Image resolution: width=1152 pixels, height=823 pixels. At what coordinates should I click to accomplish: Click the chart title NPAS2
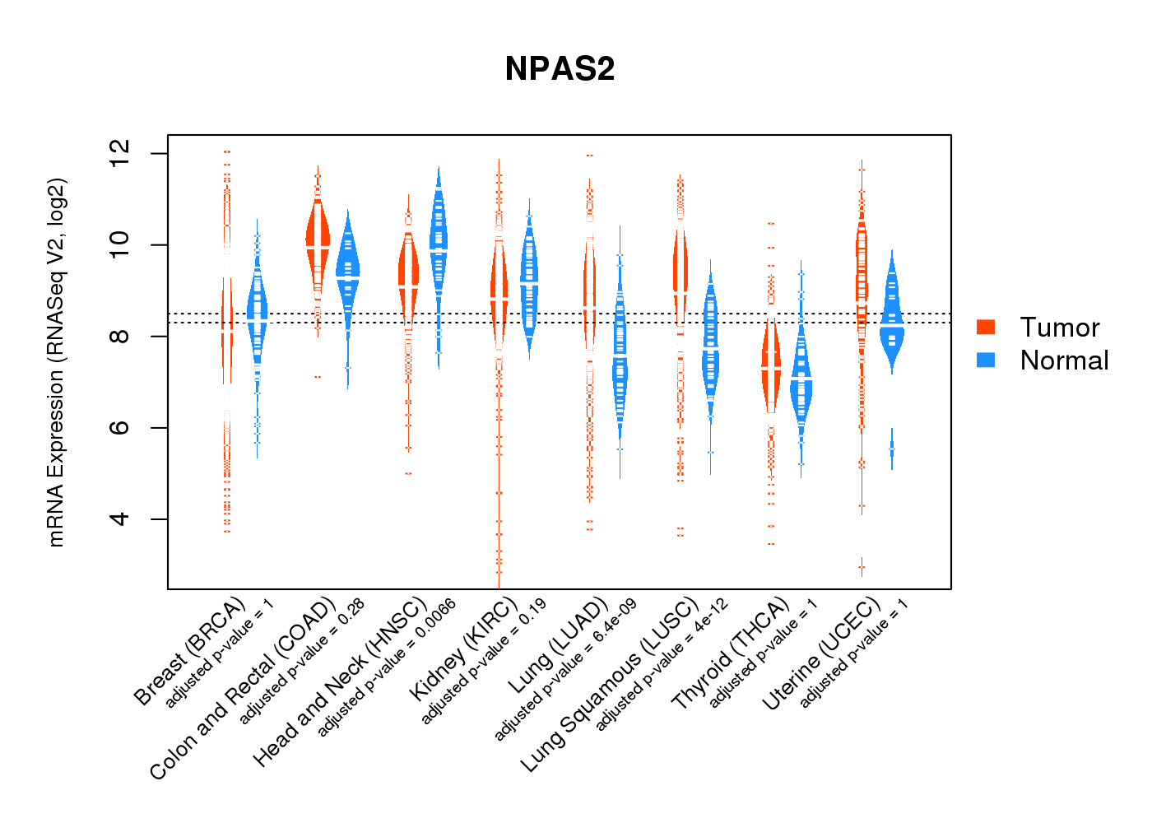(x=560, y=69)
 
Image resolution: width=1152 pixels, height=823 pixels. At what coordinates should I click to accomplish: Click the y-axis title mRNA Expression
(x=56, y=362)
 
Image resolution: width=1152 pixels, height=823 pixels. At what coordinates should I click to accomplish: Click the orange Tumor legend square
(x=986, y=327)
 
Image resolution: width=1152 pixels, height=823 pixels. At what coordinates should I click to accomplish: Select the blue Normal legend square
(x=986, y=360)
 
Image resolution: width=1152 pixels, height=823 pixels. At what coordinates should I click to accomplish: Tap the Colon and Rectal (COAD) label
(x=243, y=688)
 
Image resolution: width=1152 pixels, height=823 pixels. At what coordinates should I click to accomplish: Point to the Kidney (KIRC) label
(x=462, y=649)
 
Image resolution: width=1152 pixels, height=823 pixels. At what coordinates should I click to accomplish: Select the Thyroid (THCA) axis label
(x=730, y=654)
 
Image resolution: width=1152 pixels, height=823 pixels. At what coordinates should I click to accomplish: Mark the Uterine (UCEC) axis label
(x=820, y=654)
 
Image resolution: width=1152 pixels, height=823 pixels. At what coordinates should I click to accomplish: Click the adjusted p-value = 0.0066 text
(x=387, y=667)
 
